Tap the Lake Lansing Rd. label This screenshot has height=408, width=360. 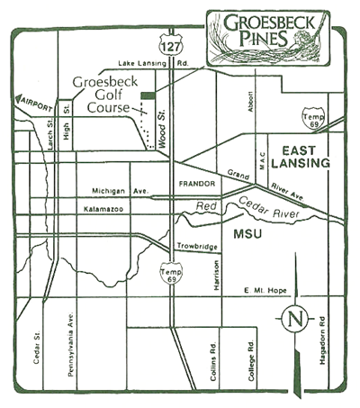156,65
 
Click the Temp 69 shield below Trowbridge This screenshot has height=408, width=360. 170,272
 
